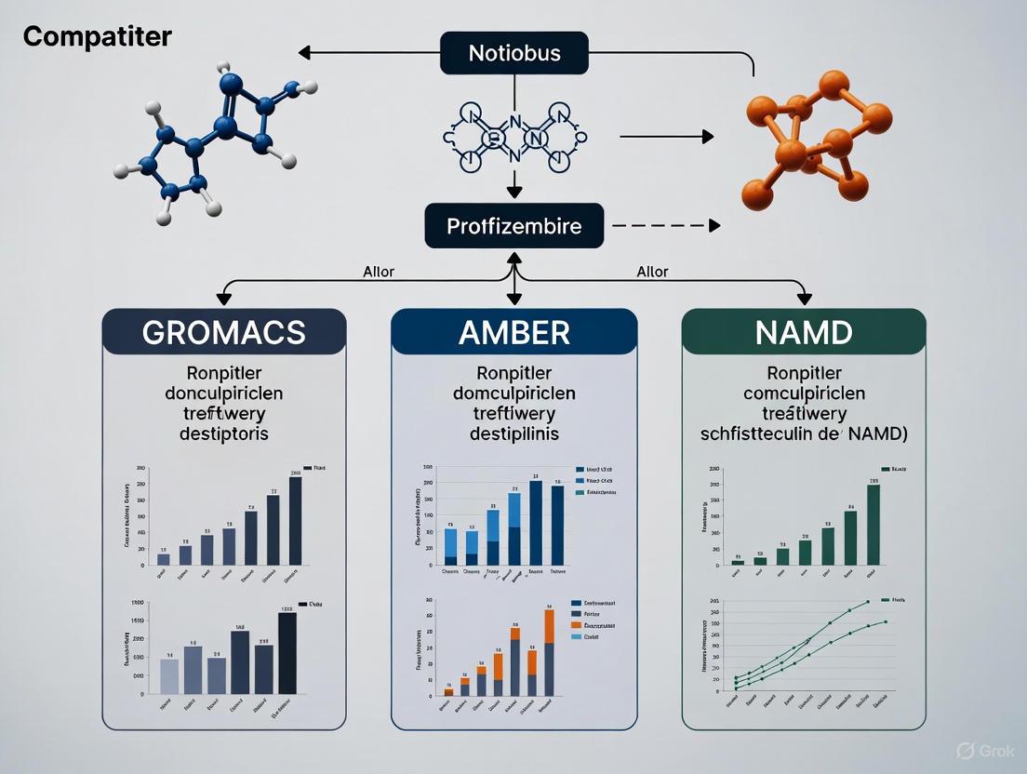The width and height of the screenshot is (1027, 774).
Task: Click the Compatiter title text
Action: click(x=97, y=37)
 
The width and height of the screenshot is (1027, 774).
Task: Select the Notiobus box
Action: click(x=514, y=52)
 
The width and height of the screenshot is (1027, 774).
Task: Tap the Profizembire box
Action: click(x=514, y=226)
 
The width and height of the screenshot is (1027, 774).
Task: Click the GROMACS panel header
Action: click(x=224, y=332)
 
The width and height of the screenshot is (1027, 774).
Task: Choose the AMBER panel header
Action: click(x=514, y=332)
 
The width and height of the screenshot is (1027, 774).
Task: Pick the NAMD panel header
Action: click(x=804, y=332)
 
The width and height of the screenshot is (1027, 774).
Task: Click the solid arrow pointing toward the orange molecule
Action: click(x=666, y=137)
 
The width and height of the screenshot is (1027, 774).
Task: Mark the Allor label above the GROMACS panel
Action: click(x=378, y=272)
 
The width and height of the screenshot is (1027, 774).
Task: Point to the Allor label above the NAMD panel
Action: click(x=651, y=272)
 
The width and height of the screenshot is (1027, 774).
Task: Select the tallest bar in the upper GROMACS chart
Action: click(x=295, y=521)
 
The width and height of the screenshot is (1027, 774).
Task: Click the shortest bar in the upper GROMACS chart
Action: click(x=164, y=558)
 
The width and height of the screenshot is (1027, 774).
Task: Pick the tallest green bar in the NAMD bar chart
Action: click(x=873, y=525)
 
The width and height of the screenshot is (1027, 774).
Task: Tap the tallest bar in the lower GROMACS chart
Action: click(x=287, y=653)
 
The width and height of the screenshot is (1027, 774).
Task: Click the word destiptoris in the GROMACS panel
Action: click(x=223, y=434)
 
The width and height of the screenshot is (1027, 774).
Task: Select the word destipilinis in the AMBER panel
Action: click(x=513, y=434)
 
